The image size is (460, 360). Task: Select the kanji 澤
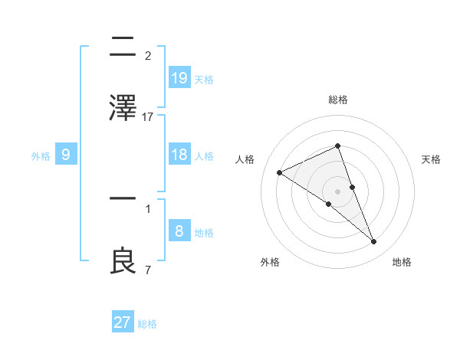pos(123,107)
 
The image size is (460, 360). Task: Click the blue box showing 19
pos(179,77)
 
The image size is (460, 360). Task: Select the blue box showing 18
pos(179,155)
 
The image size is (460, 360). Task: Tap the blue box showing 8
pos(179,231)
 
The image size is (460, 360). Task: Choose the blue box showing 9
pos(66,155)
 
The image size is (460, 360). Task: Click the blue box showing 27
pos(123,322)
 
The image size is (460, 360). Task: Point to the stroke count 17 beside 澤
pos(148,117)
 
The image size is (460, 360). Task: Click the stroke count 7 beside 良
pos(147,270)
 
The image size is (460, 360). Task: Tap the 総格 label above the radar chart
pos(338,100)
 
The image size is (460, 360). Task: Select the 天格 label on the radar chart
pos(432,159)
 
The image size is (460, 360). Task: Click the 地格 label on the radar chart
pos(402,262)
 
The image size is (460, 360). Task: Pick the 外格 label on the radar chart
pos(270,262)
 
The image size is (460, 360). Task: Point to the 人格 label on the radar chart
pos(245,159)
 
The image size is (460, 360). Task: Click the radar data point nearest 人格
pos(280,172)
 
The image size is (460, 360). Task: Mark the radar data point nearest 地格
pos(374,242)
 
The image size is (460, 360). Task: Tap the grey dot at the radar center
pos(338,191)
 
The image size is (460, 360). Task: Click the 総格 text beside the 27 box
pos(147,324)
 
